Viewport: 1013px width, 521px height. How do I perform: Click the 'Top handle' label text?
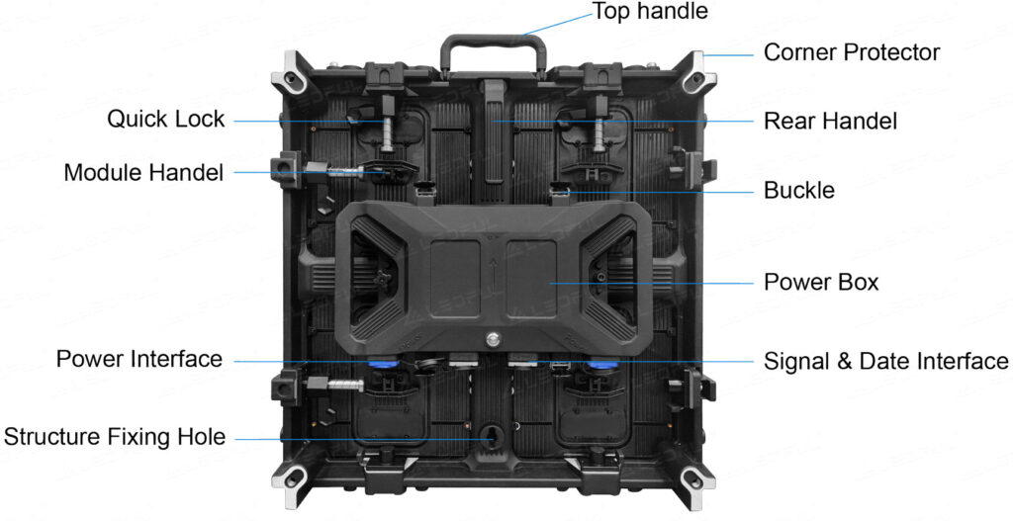[x=649, y=11]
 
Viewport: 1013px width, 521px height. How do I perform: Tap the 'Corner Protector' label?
[x=852, y=52]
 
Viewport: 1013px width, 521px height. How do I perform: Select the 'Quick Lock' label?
[x=166, y=119]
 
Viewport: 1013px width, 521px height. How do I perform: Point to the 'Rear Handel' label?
[x=830, y=121]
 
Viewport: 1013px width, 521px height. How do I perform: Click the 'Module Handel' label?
[x=144, y=172]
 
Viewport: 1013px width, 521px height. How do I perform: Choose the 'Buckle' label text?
[x=799, y=191]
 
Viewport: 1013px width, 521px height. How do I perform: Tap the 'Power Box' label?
[x=821, y=282]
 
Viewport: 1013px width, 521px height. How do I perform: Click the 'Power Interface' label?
[x=139, y=359]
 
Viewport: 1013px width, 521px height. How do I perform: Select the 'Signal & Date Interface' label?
[x=885, y=361]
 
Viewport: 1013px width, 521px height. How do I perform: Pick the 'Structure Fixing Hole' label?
[x=115, y=437]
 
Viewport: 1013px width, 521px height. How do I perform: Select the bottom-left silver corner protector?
[x=294, y=479]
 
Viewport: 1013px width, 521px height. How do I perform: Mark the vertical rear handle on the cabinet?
[x=494, y=131]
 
